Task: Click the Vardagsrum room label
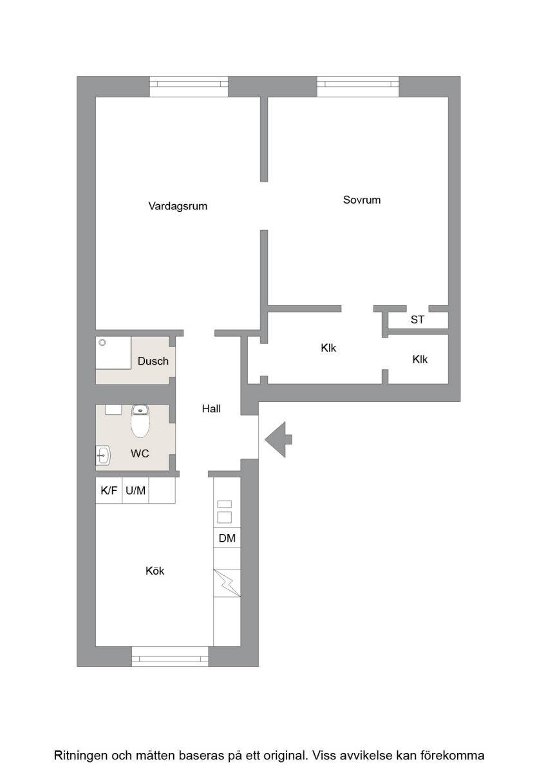(x=178, y=206)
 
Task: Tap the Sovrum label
(x=362, y=200)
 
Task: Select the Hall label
(x=211, y=409)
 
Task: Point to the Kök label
(x=155, y=571)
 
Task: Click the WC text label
(x=140, y=453)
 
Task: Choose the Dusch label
(x=153, y=361)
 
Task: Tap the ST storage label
(x=417, y=320)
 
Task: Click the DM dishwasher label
(x=227, y=538)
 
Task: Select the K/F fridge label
(x=109, y=490)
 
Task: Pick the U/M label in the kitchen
(x=136, y=490)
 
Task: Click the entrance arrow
(x=278, y=439)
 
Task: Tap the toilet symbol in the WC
(x=140, y=421)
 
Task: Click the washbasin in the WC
(x=103, y=455)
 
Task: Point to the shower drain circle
(x=102, y=343)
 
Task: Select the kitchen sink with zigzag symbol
(x=227, y=583)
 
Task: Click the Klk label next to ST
(x=420, y=359)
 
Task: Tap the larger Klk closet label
(x=328, y=348)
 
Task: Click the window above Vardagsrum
(x=189, y=86)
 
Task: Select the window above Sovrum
(x=358, y=86)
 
